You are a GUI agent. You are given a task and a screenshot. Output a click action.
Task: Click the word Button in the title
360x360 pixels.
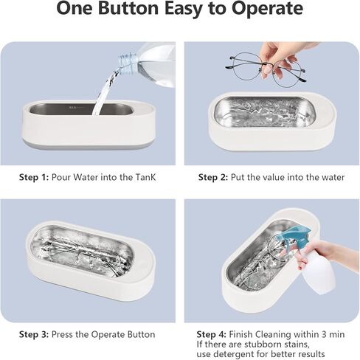[128, 8]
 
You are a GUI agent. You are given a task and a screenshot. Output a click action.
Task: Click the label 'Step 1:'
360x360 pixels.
[34, 177]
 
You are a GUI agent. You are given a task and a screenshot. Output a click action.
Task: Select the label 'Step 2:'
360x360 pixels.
[213, 177]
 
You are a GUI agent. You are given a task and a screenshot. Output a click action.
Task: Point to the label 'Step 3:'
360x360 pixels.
[34, 334]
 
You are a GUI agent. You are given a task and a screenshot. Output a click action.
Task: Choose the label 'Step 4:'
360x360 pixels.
[212, 334]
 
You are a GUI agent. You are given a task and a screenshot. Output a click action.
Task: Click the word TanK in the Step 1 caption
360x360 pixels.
[146, 177]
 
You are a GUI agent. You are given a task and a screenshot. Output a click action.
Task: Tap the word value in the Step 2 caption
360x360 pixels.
[270, 177]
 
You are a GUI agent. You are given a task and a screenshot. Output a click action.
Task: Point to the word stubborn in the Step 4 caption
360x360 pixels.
[264, 345]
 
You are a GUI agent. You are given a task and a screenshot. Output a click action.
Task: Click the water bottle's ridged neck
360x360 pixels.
[127, 62]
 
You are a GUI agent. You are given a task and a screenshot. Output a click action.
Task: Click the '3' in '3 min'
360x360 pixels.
[324, 334]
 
